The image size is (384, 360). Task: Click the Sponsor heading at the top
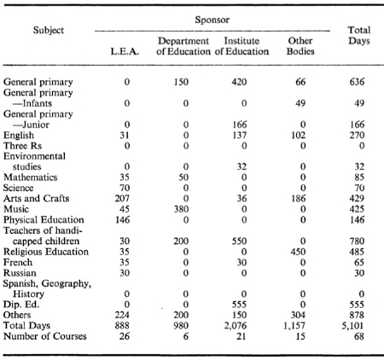(x=212, y=20)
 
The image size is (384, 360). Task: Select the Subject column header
(x=49, y=31)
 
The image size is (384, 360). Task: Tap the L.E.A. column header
(x=125, y=51)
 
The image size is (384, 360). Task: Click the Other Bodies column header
(x=300, y=46)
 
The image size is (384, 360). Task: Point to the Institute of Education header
(x=241, y=46)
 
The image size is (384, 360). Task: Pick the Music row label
(x=16, y=209)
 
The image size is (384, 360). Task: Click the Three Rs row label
(x=22, y=146)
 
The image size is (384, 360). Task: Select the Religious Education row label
(x=46, y=252)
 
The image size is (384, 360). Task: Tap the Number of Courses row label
(x=45, y=336)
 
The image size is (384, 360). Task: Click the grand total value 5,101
(x=352, y=326)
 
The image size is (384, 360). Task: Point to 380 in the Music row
(x=181, y=209)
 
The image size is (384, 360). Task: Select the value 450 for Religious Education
(x=298, y=252)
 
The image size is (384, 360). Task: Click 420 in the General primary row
(x=239, y=82)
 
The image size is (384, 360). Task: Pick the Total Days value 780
(x=357, y=241)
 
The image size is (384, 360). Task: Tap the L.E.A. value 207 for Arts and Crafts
(x=122, y=199)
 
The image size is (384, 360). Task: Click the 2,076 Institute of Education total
(x=236, y=326)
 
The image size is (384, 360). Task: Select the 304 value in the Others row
(x=298, y=315)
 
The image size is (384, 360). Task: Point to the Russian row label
(x=20, y=273)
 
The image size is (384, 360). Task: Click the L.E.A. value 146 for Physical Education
(x=122, y=220)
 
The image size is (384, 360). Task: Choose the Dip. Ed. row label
(x=21, y=305)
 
